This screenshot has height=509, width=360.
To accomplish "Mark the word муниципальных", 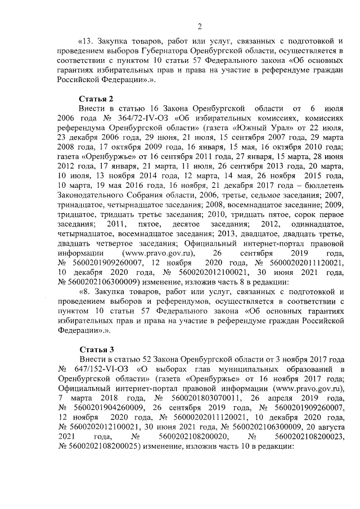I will [248, 369].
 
